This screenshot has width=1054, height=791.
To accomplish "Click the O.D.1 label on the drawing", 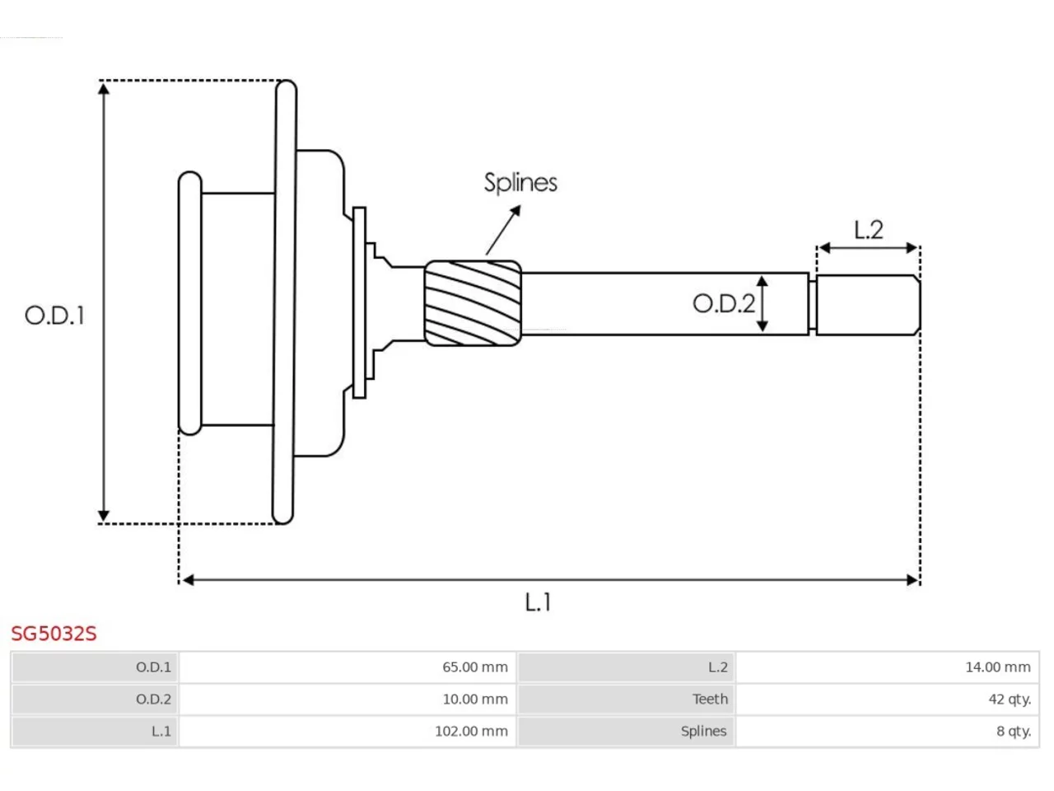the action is point(54,316).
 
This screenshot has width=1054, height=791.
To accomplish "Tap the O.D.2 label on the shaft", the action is point(724,303).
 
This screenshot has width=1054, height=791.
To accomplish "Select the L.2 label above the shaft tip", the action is point(868,230).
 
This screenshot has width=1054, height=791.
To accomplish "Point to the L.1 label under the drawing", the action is point(538,602).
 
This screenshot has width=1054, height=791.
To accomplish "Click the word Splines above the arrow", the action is point(520,183).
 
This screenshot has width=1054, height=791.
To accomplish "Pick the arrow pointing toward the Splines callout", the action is point(503,230).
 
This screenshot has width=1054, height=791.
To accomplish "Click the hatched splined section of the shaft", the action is point(473,303).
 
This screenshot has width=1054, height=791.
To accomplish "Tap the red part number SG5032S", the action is point(54,634).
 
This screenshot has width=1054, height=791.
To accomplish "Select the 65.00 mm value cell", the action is point(347,667).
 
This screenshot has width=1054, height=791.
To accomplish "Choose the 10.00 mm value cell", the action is point(347,699).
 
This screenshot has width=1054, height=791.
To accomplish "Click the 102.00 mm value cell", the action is point(347,731).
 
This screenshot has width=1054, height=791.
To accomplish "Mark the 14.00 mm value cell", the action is point(888,667).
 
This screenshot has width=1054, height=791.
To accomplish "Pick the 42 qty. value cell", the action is point(888,699).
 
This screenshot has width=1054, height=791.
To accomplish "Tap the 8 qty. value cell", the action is point(888,731).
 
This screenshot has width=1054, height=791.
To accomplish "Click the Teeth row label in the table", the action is point(710,699).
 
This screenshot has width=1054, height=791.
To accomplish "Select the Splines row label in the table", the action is point(703,731).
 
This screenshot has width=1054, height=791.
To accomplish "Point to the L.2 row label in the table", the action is point(718,667).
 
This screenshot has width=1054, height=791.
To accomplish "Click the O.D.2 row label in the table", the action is point(153,699).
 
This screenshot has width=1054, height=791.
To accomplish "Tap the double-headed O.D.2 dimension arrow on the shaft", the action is point(762,303).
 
